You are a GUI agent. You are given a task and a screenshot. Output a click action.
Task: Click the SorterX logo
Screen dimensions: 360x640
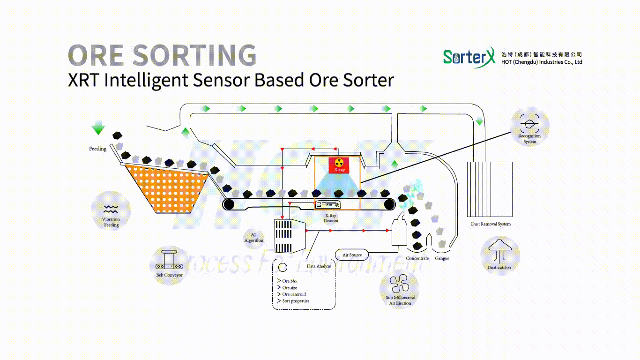pyautogui.click(x=469, y=57)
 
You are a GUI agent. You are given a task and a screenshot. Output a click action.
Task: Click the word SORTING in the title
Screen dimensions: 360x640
pyautogui.click(x=194, y=55)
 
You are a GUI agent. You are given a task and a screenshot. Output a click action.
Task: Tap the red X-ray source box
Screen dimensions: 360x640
pyautogui.click(x=339, y=165)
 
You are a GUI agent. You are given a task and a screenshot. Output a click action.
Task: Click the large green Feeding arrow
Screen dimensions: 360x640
pyautogui.click(x=98, y=127)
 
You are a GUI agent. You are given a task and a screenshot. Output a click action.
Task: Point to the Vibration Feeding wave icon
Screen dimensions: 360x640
pyautogui.click(x=111, y=209)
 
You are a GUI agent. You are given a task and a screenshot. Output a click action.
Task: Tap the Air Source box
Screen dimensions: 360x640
pyautogui.click(x=352, y=255)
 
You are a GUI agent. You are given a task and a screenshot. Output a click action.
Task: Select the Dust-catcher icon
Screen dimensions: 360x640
pyautogui.click(x=499, y=249)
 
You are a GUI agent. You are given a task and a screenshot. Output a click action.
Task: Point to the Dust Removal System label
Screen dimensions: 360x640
pyautogui.click(x=491, y=224)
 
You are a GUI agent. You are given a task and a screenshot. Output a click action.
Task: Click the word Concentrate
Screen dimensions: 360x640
pyautogui.click(x=417, y=259)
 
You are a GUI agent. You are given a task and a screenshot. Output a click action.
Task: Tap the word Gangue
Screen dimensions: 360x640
pyautogui.click(x=442, y=259)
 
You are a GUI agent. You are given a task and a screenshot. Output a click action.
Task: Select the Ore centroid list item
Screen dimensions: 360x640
pyautogui.click(x=294, y=294)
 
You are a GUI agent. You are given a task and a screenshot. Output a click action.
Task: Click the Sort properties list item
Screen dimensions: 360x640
pyautogui.click(x=296, y=301)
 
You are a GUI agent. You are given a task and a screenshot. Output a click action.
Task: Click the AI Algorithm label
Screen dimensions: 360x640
pyautogui.click(x=253, y=237)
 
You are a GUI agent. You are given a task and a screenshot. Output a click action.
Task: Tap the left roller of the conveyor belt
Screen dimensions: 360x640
pyautogui.click(x=229, y=204)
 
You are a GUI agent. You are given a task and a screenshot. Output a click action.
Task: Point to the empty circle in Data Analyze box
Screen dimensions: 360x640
pyautogui.click(x=283, y=268)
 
